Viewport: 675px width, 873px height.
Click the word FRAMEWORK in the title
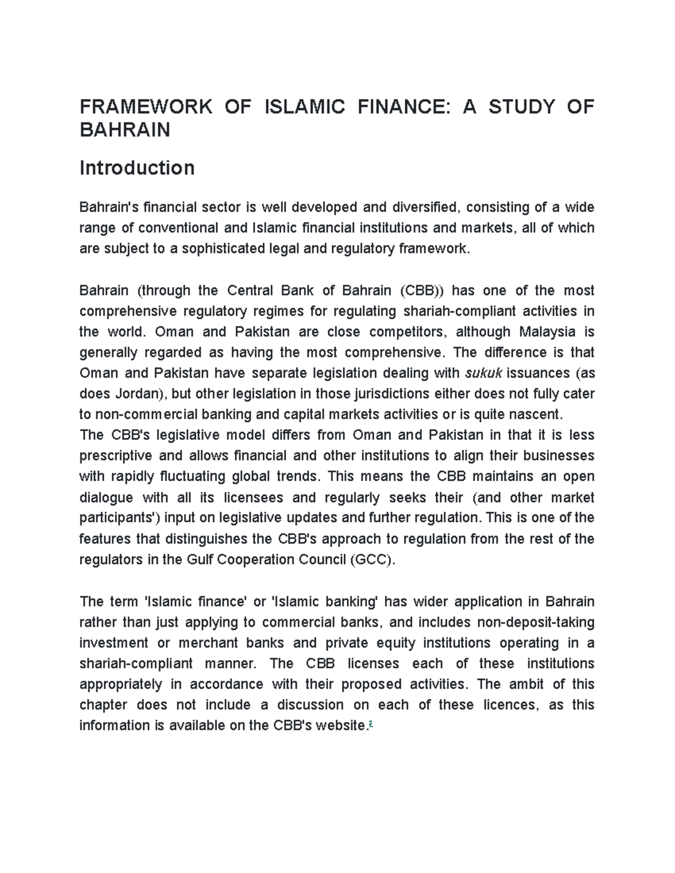pyautogui.click(x=146, y=107)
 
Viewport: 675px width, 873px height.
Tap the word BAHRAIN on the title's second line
pyautogui.click(x=125, y=130)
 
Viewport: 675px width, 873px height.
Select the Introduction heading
pyautogui.click(x=137, y=168)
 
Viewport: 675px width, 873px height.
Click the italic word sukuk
pyautogui.click(x=484, y=373)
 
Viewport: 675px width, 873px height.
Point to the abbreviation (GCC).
pyautogui.click(x=372, y=560)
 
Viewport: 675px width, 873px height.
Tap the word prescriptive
pyautogui.click(x=116, y=456)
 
